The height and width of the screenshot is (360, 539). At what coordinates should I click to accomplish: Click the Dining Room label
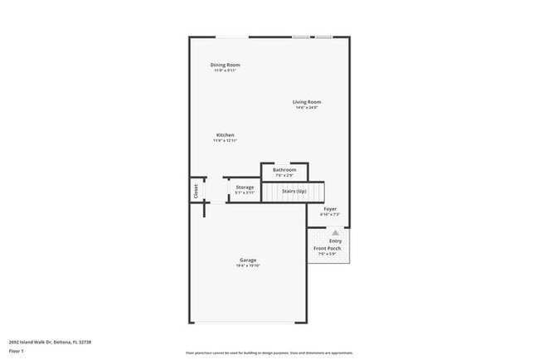226,65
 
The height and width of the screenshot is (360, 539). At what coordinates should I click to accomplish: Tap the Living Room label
305,102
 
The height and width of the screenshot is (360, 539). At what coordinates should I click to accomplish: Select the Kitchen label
226,135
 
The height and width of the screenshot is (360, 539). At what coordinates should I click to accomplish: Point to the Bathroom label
284,170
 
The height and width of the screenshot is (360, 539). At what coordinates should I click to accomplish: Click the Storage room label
245,187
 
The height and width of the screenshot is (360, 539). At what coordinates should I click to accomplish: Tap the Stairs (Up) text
294,192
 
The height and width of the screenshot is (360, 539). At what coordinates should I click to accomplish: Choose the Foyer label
330,209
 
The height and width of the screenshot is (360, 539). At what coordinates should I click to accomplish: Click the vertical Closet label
197,191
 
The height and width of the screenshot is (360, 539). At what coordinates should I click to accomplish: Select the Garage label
248,260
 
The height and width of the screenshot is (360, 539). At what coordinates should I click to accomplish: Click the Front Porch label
327,248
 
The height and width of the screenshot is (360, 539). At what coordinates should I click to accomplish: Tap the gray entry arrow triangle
335,234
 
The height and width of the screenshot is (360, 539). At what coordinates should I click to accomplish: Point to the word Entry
335,241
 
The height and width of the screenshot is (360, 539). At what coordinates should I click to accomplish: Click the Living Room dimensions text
305,108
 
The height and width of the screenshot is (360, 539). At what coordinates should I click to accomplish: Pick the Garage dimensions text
248,266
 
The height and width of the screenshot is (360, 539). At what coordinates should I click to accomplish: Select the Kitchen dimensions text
226,141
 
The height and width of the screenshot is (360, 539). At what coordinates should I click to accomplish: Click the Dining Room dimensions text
226,71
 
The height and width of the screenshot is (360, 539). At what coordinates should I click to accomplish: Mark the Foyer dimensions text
330,215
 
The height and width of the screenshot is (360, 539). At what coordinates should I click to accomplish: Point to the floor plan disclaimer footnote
269,352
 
